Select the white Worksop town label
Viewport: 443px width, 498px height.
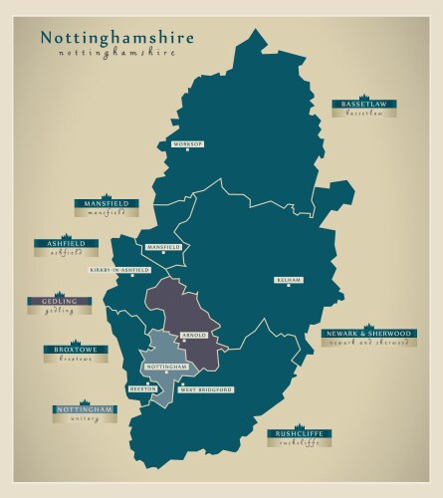pyautogui.click(x=188, y=144)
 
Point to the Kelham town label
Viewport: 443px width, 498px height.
pyautogui.click(x=288, y=280)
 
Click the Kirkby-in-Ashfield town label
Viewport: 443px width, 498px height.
pyautogui.click(x=119, y=269)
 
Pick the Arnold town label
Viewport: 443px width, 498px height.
pyautogui.click(x=196, y=335)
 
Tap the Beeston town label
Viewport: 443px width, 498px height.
pyautogui.click(x=142, y=388)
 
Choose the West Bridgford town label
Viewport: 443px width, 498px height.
pyautogui.click(x=206, y=388)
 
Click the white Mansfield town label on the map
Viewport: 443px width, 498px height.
pyautogui.click(x=163, y=246)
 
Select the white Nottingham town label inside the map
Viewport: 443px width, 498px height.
pyautogui.click(x=166, y=367)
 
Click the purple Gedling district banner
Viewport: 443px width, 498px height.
pyautogui.click(x=59, y=301)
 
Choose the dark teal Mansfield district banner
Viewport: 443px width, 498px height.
pyautogui.click(x=108, y=203)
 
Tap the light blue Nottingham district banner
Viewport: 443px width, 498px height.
pyautogui.click(x=85, y=409)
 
